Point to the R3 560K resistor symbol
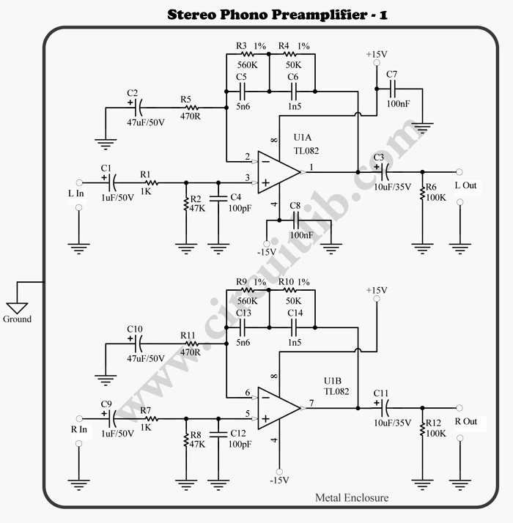(x=247, y=54)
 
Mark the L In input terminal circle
(x=79, y=182)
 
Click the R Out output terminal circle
(x=460, y=407)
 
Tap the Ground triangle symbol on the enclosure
(x=17, y=307)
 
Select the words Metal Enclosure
(x=352, y=498)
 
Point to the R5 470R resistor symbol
(x=190, y=108)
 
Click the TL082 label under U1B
(x=336, y=391)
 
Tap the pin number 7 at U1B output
(x=311, y=402)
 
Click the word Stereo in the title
(x=193, y=14)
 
